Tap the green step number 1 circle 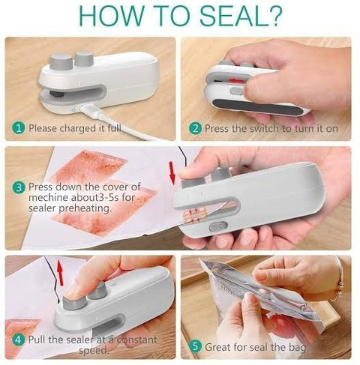pyautogui.click(x=19, y=128)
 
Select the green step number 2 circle pyautogui.click(x=195, y=128)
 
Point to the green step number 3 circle pyautogui.click(x=19, y=187)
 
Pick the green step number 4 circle pyautogui.click(x=19, y=340)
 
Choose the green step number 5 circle pyautogui.click(x=195, y=347)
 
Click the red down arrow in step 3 pyautogui.click(x=172, y=173)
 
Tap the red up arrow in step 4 pyautogui.click(x=60, y=272)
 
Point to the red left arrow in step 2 pyautogui.click(x=236, y=81)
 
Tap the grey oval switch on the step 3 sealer pyautogui.click(x=217, y=227)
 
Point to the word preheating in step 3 pyautogui.click(x=85, y=208)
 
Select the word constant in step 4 pyautogui.click(x=137, y=340)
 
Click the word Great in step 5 pyautogui.click(x=217, y=347)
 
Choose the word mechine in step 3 pyautogui.click(x=48, y=197)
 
